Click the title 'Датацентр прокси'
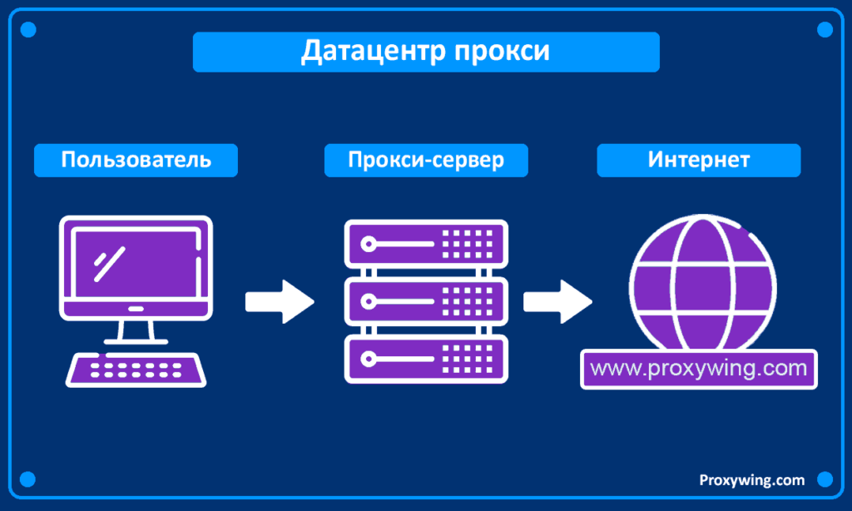tap(425, 52)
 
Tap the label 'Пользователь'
tap(136, 160)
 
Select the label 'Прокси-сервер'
tap(426, 160)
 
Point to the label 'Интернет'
tap(699, 160)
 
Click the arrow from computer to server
tap(280, 301)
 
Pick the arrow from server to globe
tap(557, 301)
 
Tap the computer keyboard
tap(136, 368)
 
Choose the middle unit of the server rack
tap(426, 301)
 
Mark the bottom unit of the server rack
tap(426, 359)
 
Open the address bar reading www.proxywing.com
tap(699, 368)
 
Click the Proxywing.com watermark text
tap(751, 480)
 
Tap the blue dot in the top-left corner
tap(27, 30)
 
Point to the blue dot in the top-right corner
tap(825, 30)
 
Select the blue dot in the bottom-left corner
tap(27, 480)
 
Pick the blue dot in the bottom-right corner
tap(825, 480)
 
